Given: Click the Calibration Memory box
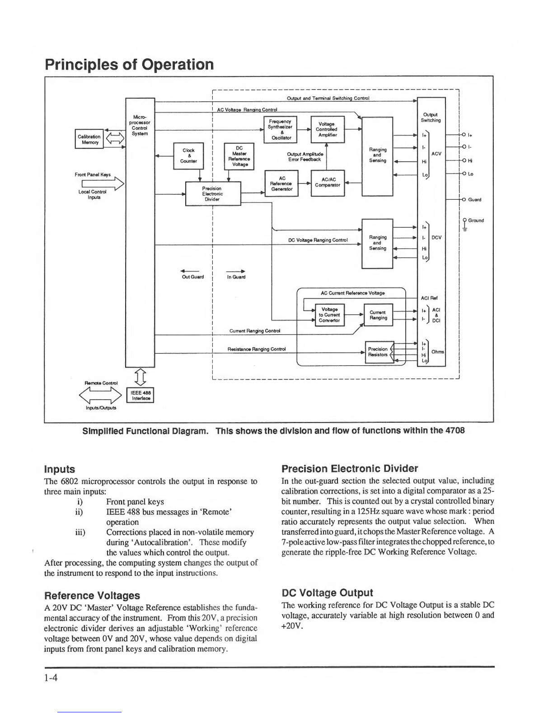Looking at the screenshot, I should pyautogui.click(x=89, y=139).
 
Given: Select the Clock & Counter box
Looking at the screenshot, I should pyautogui.click(x=188, y=155).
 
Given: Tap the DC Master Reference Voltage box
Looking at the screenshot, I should pyautogui.click(x=239, y=156).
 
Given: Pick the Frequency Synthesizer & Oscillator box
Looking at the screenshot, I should pyautogui.click(x=281, y=129).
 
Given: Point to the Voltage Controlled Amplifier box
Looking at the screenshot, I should pyautogui.click(x=327, y=129).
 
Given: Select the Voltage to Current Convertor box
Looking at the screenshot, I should pyautogui.click(x=329, y=315).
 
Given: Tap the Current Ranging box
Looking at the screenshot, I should pyautogui.click(x=378, y=315).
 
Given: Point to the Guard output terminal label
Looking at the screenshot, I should pyautogui.click(x=474, y=199).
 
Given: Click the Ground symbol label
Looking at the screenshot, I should pyautogui.click(x=475, y=221).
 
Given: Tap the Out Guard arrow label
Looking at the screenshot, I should pyautogui.click(x=192, y=277).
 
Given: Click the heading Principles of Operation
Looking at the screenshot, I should pyautogui.click(x=129, y=64).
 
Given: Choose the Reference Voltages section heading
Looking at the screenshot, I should pyautogui.click(x=92, y=595).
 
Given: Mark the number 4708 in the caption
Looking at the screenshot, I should pyautogui.click(x=455, y=430).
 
